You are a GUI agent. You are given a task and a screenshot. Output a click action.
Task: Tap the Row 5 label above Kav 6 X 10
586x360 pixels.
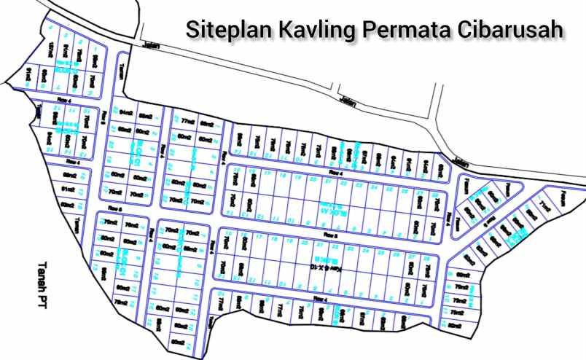332,235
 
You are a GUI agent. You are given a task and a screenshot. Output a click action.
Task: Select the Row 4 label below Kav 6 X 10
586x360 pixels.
321,299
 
